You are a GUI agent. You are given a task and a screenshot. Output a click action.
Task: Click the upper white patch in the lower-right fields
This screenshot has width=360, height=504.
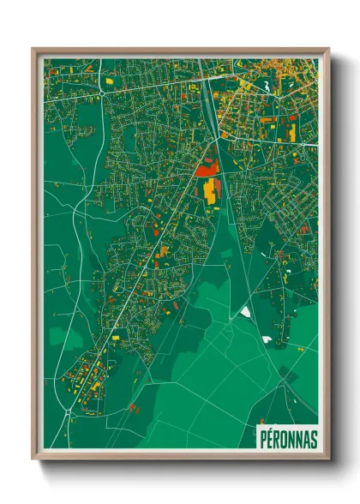coord(245,311)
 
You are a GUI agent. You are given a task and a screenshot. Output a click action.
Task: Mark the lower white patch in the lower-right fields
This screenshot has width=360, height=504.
coord(267,339)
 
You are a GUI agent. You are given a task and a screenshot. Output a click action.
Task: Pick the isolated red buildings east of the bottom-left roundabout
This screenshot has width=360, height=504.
coord(133,408)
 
